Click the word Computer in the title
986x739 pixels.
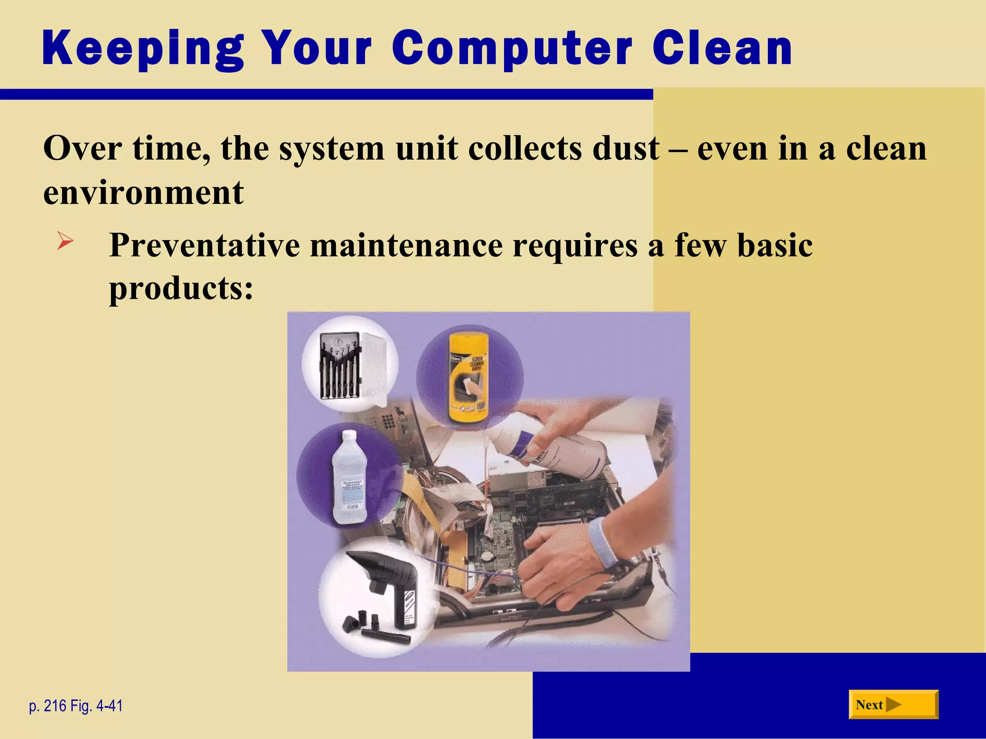pos(511,49)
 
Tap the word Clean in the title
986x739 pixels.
pos(722,49)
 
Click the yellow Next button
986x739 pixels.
pos(893,705)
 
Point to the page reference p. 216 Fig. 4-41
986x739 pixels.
pos(76,706)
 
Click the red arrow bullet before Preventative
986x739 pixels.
pos(65,241)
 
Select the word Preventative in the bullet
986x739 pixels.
pos(204,245)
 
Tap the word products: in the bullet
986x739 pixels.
pos(181,289)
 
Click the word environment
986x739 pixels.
pos(143,192)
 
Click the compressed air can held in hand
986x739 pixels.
pos(554,450)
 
